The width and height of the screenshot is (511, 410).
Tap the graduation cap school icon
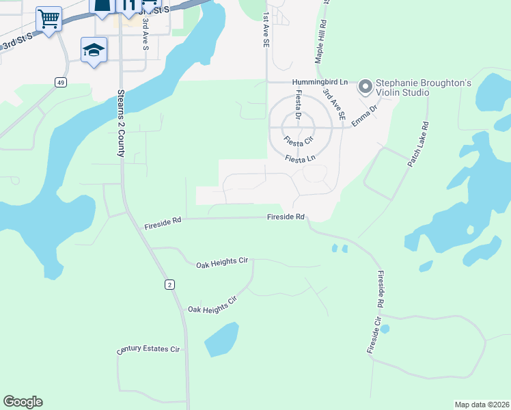pyautogui.click(x=94, y=50)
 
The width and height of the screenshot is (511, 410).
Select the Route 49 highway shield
pyautogui.click(x=61, y=83)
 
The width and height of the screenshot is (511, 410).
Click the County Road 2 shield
pyautogui.click(x=169, y=284)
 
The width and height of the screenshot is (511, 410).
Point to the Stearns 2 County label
pyautogui.click(x=121, y=122)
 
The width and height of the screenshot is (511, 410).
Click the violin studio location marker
pyautogui.click(x=365, y=87)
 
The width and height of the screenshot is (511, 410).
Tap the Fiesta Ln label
pyautogui.click(x=301, y=159)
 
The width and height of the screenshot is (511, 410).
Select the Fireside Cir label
pyautogui.click(x=373, y=335)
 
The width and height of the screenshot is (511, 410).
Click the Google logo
pyautogui.click(x=23, y=402)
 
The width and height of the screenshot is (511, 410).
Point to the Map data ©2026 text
pyautogui.click(x=482, y=405)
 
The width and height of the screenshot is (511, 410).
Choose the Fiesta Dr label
pyautogui.click(x=298, y=106)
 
